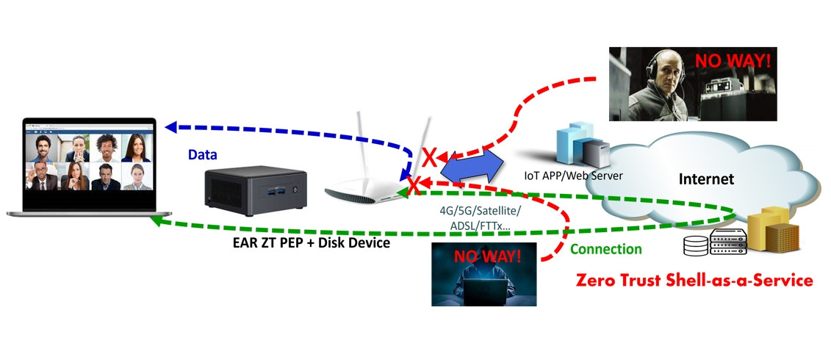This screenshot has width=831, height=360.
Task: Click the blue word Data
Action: click(x=203, y=155)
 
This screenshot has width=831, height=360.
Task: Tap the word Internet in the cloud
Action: click(x=706, y=179)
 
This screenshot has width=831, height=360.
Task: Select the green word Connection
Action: click(x=605, y=249)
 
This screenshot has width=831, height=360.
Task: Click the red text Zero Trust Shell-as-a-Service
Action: click(x=694, y=281)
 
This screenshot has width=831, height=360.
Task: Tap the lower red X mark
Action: click(x=414, y=182)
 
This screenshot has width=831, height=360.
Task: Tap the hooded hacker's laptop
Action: click(x=485, y=293)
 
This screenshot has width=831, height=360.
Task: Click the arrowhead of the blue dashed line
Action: click(x=170, y=127)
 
